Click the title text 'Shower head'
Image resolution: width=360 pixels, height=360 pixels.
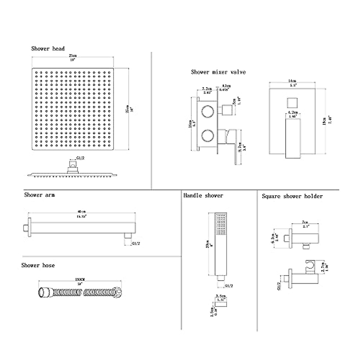tap(48, 49)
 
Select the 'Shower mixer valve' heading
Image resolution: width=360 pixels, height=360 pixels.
tap(218, 72)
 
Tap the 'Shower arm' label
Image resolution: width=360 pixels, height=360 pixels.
tap(39, 195)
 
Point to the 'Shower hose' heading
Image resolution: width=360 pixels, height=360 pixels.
tap(38, 265)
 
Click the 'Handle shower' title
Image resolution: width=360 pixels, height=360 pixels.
tap(203, 196)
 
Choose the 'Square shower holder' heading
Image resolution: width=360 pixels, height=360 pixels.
tap(292, 196)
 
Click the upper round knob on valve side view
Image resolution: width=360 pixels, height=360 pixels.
tap(208, 111)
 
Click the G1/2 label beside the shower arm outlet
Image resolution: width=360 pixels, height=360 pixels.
tap(136, 244)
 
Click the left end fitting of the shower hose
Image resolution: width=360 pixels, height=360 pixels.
tap(43, 292)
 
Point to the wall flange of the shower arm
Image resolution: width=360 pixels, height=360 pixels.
tap(25, 227)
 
